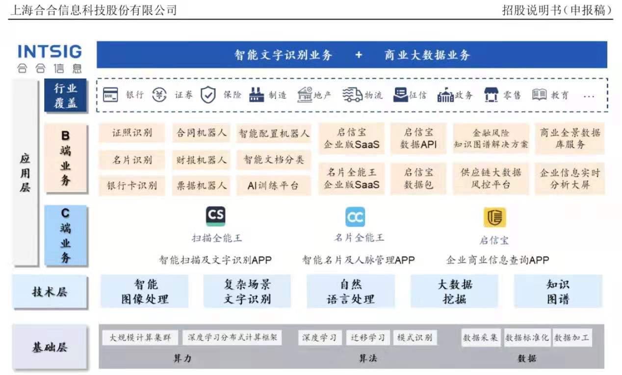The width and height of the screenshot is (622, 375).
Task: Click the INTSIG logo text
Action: click(50, 51)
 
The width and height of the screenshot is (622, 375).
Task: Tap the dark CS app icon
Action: click(216, 216)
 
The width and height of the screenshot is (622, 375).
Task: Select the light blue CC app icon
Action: click(355, 217)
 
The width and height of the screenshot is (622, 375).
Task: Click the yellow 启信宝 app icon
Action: click(494, 217)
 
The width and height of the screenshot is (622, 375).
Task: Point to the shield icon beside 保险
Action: click(208, 94)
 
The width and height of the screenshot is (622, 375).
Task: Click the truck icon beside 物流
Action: click(352, 95)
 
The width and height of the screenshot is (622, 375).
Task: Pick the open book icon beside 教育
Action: click(539, 94)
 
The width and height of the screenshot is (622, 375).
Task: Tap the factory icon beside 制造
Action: click(257, 95)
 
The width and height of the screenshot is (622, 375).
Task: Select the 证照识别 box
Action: click(132, 133)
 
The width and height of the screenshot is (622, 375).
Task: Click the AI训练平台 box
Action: click(274, 186)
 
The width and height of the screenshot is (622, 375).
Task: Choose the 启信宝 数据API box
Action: click(418, 139)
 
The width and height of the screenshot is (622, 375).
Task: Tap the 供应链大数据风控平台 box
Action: click(491, 178)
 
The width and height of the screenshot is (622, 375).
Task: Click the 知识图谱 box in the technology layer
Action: click(558, 291)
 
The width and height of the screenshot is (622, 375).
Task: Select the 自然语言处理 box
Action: click(351, 291)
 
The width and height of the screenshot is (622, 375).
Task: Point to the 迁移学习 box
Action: click(368, 337)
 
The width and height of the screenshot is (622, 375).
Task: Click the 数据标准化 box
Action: click(527, 337)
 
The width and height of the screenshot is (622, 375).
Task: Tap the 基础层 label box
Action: click(50, 347)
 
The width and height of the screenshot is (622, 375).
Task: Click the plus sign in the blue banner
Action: click(359, 55)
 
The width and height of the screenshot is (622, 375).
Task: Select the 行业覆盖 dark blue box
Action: click(66, 95)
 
